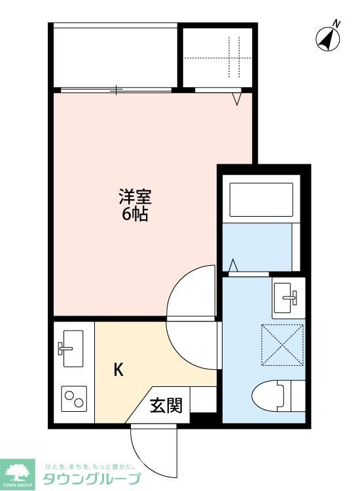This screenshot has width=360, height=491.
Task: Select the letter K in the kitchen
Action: [x=118, y=370]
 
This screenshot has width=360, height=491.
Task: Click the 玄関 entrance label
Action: [x=166, y=406]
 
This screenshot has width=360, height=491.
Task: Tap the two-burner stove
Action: [x=74, y=397]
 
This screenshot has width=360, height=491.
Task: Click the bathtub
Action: [x=261, y=201]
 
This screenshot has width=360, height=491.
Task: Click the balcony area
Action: [x=115, y=56]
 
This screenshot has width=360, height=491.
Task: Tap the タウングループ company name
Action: [x=92, y=479]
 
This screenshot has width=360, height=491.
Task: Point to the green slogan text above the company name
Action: [x=89, y=466]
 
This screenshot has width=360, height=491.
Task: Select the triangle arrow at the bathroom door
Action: [x=234, y=266]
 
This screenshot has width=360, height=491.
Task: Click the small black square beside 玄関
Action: [x=203, y=417]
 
